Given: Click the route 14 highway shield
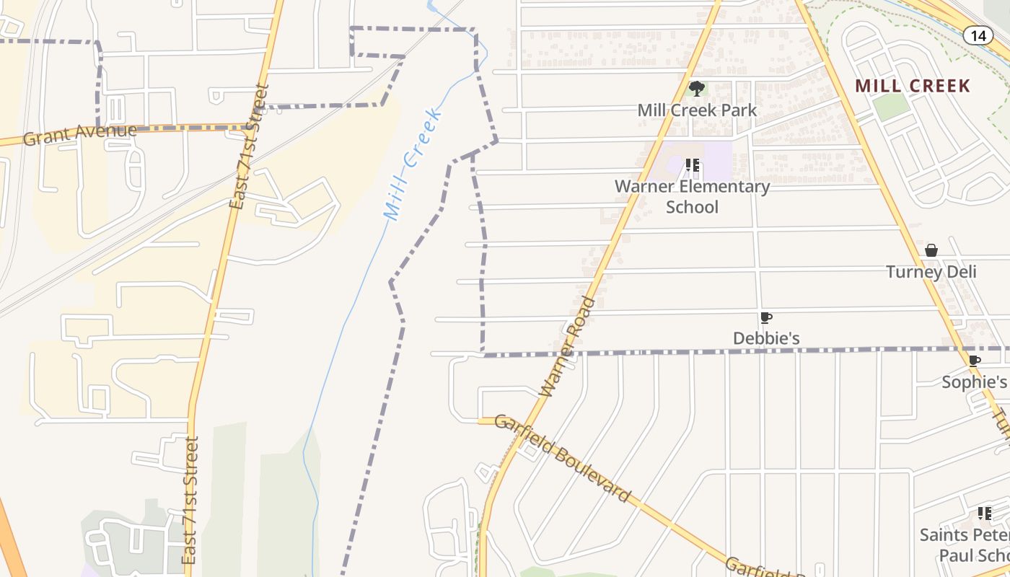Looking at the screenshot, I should [x=978, y=35].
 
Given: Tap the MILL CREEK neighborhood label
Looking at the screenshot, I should [x=913, y=86].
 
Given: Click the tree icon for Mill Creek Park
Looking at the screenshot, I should [x=696, y=89].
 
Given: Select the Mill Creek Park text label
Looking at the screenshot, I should [x=697, y=110].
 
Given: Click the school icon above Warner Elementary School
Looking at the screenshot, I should [x=693, y=165].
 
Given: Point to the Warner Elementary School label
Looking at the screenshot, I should [x=692, y=196].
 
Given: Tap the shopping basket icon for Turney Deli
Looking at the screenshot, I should [x=931, y=250].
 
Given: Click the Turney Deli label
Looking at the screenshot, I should [x=931, y=272].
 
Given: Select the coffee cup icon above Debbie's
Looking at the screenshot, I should [x=765, y=317].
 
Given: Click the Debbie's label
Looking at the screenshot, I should [x=766, y=338].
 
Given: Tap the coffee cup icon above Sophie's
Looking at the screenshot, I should [x=974, y=361].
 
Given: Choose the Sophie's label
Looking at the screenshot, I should [x=974, y=382].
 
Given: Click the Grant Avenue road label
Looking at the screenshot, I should [x=79, y=134].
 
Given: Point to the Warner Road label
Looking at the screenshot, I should [x=568, y=346].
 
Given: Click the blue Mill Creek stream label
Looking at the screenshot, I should [x=412, y=164].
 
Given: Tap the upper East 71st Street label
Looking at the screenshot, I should [x=249, y=146].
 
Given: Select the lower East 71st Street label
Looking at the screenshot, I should [x=190, y=500].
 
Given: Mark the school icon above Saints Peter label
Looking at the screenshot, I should [x=984, y=514].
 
